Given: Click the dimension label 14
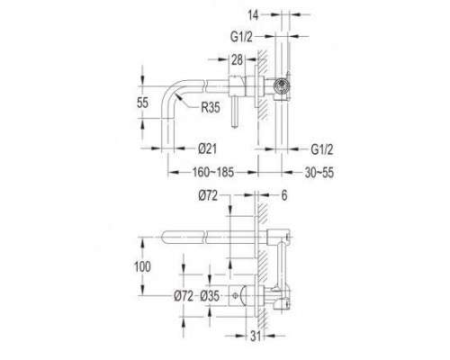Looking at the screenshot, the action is click(253, 15).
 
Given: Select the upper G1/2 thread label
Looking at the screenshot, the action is click(241, 37).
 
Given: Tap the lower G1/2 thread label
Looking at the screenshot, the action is click(322, 149).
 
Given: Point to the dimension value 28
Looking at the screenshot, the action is click(237, 59).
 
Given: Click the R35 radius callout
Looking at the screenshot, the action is click(211, 107).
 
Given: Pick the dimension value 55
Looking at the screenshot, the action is click(142, 103).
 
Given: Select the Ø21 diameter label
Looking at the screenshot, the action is click(207, 148).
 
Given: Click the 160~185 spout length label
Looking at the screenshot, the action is click(213, 172).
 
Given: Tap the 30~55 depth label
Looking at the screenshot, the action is click(319, 173).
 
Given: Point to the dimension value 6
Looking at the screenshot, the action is click(284, 195).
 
